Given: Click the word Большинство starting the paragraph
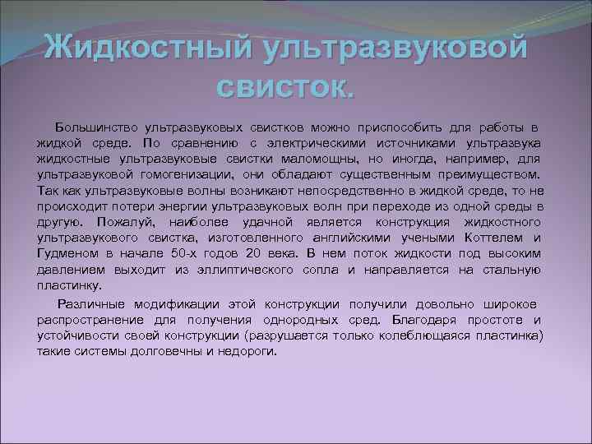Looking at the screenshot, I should click(97, 128).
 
